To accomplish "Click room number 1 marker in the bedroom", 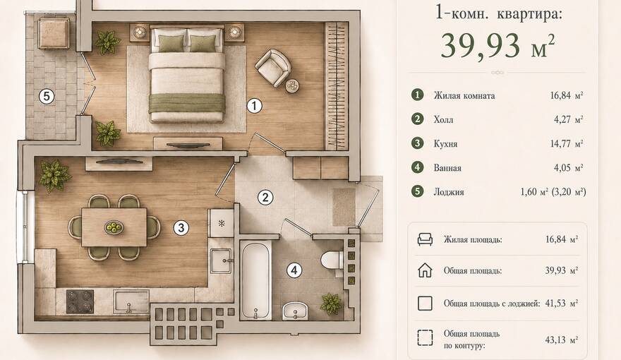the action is point(254,106).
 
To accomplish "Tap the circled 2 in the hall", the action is point(265,197).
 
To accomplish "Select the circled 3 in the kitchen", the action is point(181,228).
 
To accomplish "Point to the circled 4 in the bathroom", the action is point(294,270).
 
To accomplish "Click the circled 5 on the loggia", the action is point(47,96).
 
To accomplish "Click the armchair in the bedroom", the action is point(273,66).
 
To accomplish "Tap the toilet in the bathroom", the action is point(332,260).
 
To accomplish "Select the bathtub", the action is point(256,280).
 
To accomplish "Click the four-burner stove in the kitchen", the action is point(80,301).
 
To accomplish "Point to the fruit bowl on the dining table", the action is point(114,227).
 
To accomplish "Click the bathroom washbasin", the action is point(295,311).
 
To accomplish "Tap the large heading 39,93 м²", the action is point(498,47).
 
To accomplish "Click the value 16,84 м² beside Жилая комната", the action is point(567,95).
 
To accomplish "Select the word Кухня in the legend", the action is point(445,144).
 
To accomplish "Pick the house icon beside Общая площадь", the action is point(425,270).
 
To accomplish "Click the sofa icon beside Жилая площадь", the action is point(425,239).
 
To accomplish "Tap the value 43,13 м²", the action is point(561,340).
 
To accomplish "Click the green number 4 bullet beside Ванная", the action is point(417,167).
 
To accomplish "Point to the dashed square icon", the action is point(425,338).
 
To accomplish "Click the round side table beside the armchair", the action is point(292,86).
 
